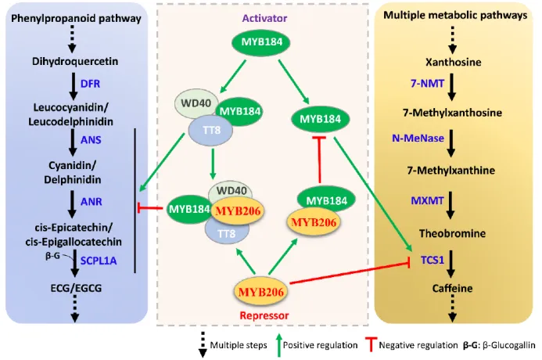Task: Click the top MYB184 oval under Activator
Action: point(266,43)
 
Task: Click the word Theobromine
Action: point(455,233)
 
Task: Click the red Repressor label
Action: point(265,315)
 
